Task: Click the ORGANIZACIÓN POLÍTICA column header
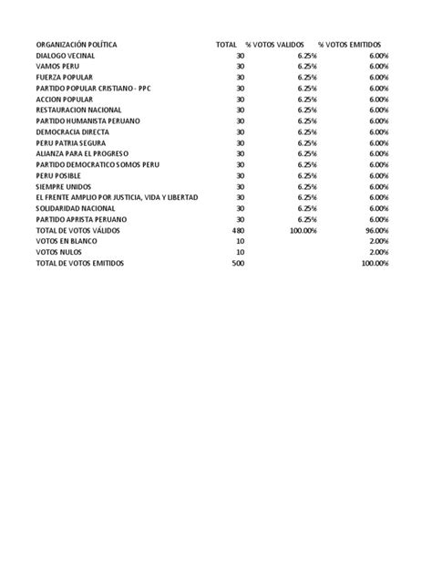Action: click(77, 45)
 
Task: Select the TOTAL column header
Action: click(226, 45)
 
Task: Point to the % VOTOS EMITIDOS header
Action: click(349, 45)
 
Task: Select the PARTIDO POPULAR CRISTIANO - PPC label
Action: click(98, 89)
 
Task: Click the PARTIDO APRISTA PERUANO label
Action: click(81, 219)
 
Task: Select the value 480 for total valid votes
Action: click(239, 230)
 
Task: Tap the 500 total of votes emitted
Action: click(239, 263)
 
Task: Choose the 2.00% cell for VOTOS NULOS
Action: click(378, 252)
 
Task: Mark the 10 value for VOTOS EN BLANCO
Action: click(241, 241)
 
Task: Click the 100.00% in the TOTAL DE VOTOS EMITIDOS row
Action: click(374, 263)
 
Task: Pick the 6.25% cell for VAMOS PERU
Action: click(306, 67)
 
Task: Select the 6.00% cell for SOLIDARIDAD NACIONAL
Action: click(378, 208)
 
